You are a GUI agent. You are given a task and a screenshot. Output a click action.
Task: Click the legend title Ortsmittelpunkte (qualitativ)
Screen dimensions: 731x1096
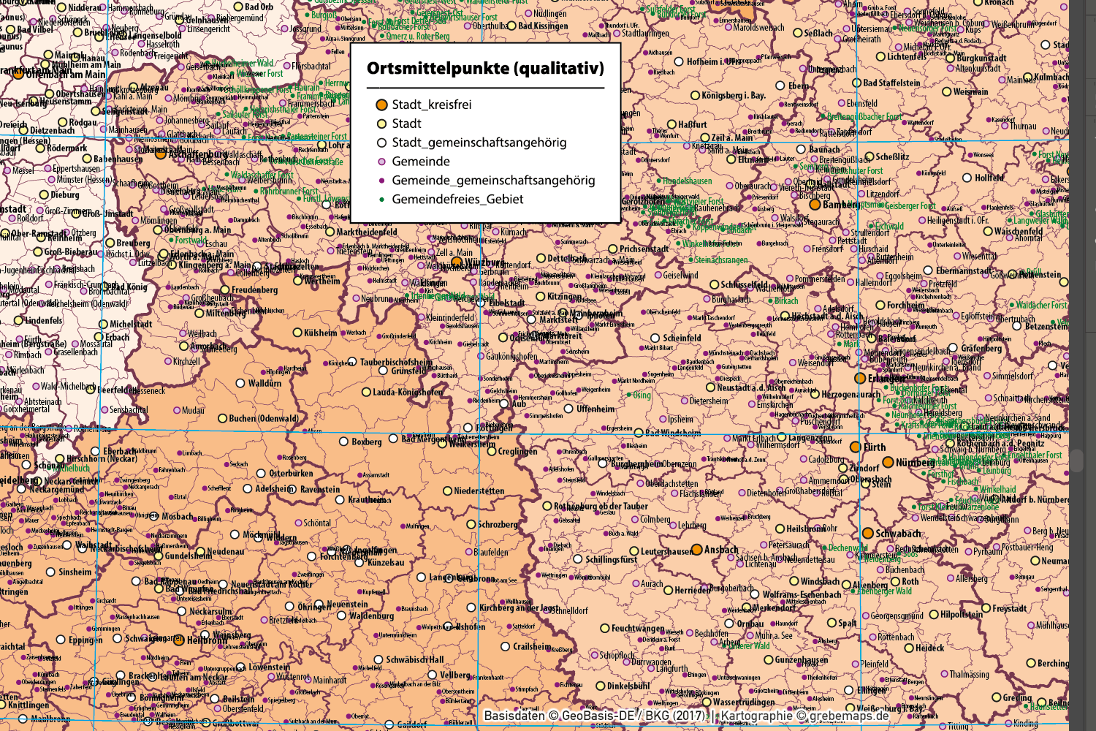[485, 69]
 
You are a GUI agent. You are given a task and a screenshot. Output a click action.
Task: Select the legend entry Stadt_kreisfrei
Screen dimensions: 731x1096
[431, 105]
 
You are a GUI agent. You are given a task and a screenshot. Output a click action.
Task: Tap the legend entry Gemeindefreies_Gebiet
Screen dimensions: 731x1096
[457, 199]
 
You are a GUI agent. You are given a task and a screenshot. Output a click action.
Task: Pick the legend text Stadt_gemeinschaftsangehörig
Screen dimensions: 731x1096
[479, 143]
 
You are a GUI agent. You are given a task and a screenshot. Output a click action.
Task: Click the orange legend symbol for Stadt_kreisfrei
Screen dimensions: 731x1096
[381, 105]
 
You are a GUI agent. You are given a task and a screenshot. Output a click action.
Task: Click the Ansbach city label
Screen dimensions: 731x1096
[721, 550]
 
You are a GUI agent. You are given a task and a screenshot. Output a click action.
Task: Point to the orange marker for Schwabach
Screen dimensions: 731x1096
[867, 534]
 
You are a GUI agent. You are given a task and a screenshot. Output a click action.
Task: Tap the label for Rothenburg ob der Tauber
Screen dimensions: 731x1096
[601, 506]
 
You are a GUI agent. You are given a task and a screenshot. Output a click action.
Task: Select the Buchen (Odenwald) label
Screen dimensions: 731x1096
[263, 419]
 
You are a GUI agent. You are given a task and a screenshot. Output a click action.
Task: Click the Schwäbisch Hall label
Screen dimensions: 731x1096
[414, 659]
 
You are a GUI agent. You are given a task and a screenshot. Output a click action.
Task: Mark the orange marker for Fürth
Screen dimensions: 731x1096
[855, 447]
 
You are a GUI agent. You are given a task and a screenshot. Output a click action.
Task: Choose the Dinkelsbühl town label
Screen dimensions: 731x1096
[628, 686]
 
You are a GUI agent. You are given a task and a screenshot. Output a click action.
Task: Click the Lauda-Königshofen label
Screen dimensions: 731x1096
[407, 393]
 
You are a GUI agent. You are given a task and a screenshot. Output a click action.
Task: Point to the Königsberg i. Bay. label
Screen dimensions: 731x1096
[733, 96]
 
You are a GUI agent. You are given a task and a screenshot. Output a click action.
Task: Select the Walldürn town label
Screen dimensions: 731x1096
[265, 383]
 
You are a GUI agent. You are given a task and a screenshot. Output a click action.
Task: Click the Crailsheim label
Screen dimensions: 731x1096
[531, 646]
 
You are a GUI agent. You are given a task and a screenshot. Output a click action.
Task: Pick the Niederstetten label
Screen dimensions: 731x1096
[479, 491]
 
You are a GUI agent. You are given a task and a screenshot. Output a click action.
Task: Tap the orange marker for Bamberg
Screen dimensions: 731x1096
[815, 205]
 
